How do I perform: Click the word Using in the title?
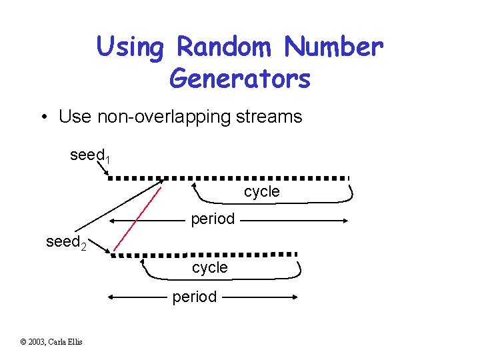click(x=129, y=47)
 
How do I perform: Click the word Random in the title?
click(x=225, y=47)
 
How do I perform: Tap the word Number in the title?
click(x=333, y=47)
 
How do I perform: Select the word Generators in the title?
click(x=240, y=78)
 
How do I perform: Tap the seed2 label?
click(x=65, y=242)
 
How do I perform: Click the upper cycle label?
click(x=262, y=191)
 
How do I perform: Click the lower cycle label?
click(x=210, y=267)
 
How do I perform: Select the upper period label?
click(x=213, y=219)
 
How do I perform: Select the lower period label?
click(x=194, y=297)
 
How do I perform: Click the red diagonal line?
click(x=137, y=219)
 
